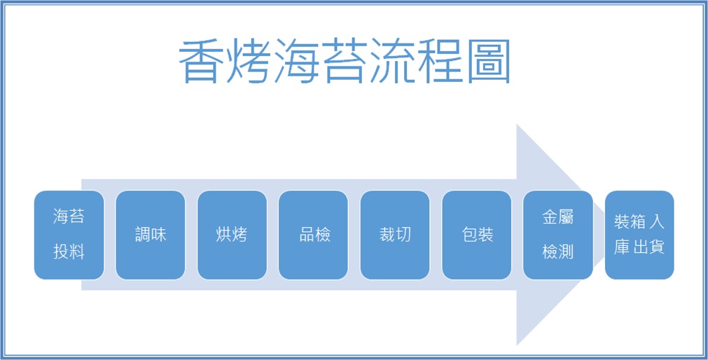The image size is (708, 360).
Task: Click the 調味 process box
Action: pos(151,235)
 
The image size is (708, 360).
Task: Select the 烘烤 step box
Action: pos(232,235)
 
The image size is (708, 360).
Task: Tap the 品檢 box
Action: pos(313,235)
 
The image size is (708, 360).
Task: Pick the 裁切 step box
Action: pos(395,235)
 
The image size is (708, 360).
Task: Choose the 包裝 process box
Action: pos(477,235)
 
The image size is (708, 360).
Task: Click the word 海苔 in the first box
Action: pos(69,217)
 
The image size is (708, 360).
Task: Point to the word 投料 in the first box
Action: pos(69,251)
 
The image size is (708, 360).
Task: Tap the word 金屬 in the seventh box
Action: pos(557,217)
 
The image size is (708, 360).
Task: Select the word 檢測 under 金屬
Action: pos(557,251)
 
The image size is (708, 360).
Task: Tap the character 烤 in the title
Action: pos(249,61)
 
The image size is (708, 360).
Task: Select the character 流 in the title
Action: pos(391,61)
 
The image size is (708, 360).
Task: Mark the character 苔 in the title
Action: pos(344,61)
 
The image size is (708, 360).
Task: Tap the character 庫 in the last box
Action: pos(622,247)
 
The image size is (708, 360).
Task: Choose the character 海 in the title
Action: pos(296,61)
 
